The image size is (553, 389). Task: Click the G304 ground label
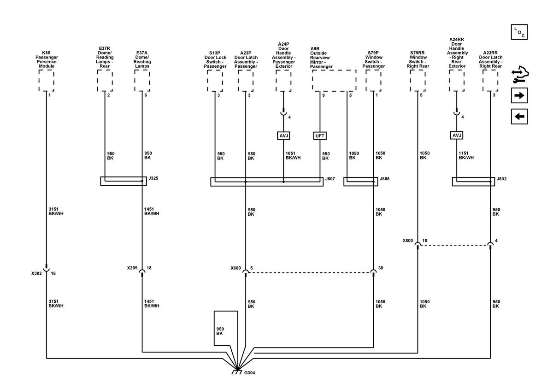(249, 373)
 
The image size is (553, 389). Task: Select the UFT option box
(320, 136)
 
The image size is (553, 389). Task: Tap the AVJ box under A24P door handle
(283, 136)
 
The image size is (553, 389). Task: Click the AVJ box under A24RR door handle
(457, 136)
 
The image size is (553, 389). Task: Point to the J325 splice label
(153, 178)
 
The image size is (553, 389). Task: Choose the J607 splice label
(330, 179)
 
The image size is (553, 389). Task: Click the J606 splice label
(385, 179)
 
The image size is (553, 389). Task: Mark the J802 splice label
(502, 179)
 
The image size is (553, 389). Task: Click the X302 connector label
(36, 273)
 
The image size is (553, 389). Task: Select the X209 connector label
(132, 268)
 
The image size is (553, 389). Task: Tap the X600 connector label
(236, 268)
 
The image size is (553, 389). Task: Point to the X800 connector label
(408, 241)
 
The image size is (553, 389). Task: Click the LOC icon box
(519, 32)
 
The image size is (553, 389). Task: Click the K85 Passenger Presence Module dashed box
(47, 81)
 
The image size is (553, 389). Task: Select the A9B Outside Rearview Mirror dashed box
(334, 81)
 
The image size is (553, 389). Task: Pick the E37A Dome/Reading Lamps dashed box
(142, 81)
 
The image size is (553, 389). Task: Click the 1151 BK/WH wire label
(466, 155)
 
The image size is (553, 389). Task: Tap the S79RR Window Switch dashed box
(418, 81)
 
